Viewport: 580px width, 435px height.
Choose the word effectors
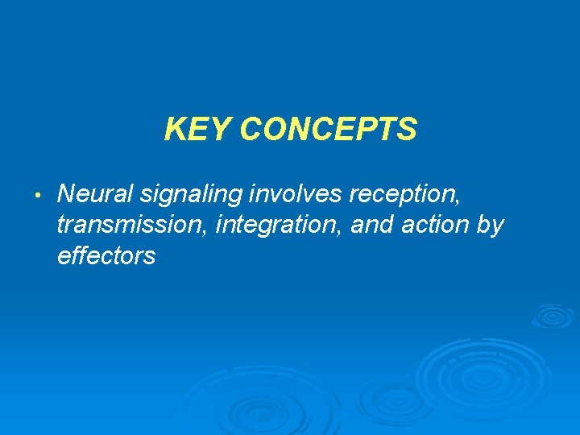(x=106, y=256)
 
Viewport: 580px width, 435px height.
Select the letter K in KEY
(x=173, y=129)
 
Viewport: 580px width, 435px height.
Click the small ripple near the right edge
(x=553, y=316)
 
